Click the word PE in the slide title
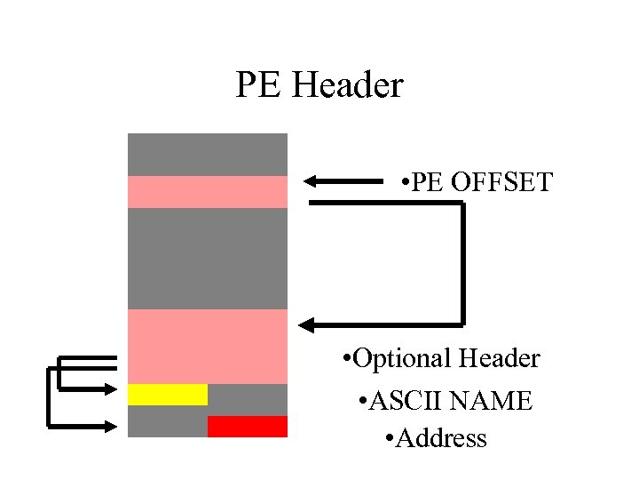257,86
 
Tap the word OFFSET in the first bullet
501,183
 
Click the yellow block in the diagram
168,395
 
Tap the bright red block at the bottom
248,427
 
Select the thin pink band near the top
208,192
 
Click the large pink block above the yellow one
208,347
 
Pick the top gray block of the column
208,155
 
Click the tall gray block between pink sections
208,259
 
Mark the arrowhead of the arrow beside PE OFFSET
311,182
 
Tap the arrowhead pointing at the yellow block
112,388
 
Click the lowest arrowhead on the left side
112,427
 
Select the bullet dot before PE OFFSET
404,184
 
